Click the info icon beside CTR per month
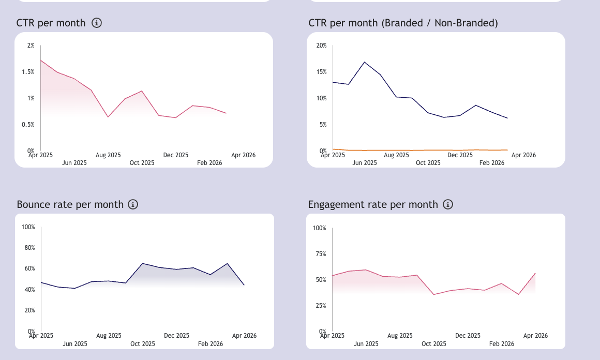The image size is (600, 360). pyautogui.click(x=97, y=23)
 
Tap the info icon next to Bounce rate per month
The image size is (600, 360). pyautogui.click(x=133, y=204)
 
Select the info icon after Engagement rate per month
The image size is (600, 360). pyautogui.click(x=448, y=204)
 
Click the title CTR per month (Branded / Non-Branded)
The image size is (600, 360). pyautogui.click(x=402, y=23)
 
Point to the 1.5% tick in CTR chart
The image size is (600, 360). pyautogui.click(x=28, y=72)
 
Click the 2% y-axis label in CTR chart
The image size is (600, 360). pyautogui.click(x=31, y=46)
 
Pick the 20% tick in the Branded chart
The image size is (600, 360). pyautogui.click(x=321, y=46)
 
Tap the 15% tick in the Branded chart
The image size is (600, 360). pyautogui.click(x=321, y=72)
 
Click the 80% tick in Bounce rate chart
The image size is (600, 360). pyautogui.click(x=28, y=248)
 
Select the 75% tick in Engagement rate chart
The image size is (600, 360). pyautogui.click(x=320, y=254)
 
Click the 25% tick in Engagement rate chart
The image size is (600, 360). pyautogui.click(x=320, y=306)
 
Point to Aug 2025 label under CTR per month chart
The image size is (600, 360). pyautogui.click(x=108, y=155)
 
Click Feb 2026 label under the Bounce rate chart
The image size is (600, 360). pyautogui.click(x=210, y=343)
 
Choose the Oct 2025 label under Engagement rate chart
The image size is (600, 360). pyautogui.click(x=434, y=343)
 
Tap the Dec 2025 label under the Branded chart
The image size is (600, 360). pyautogui.click(x=460, y=155)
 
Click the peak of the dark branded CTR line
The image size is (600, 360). pyautogui.click(x=365, y=62)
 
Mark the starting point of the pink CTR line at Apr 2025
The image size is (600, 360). pyautogui.click(x=41, y=61)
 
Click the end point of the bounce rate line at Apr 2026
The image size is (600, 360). pyautogui.click(x=244, y=285)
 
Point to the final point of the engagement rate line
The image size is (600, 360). pyautogui.click(x=535, y=273)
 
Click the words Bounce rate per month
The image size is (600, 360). pyautogui.click(x=70, y=204)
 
